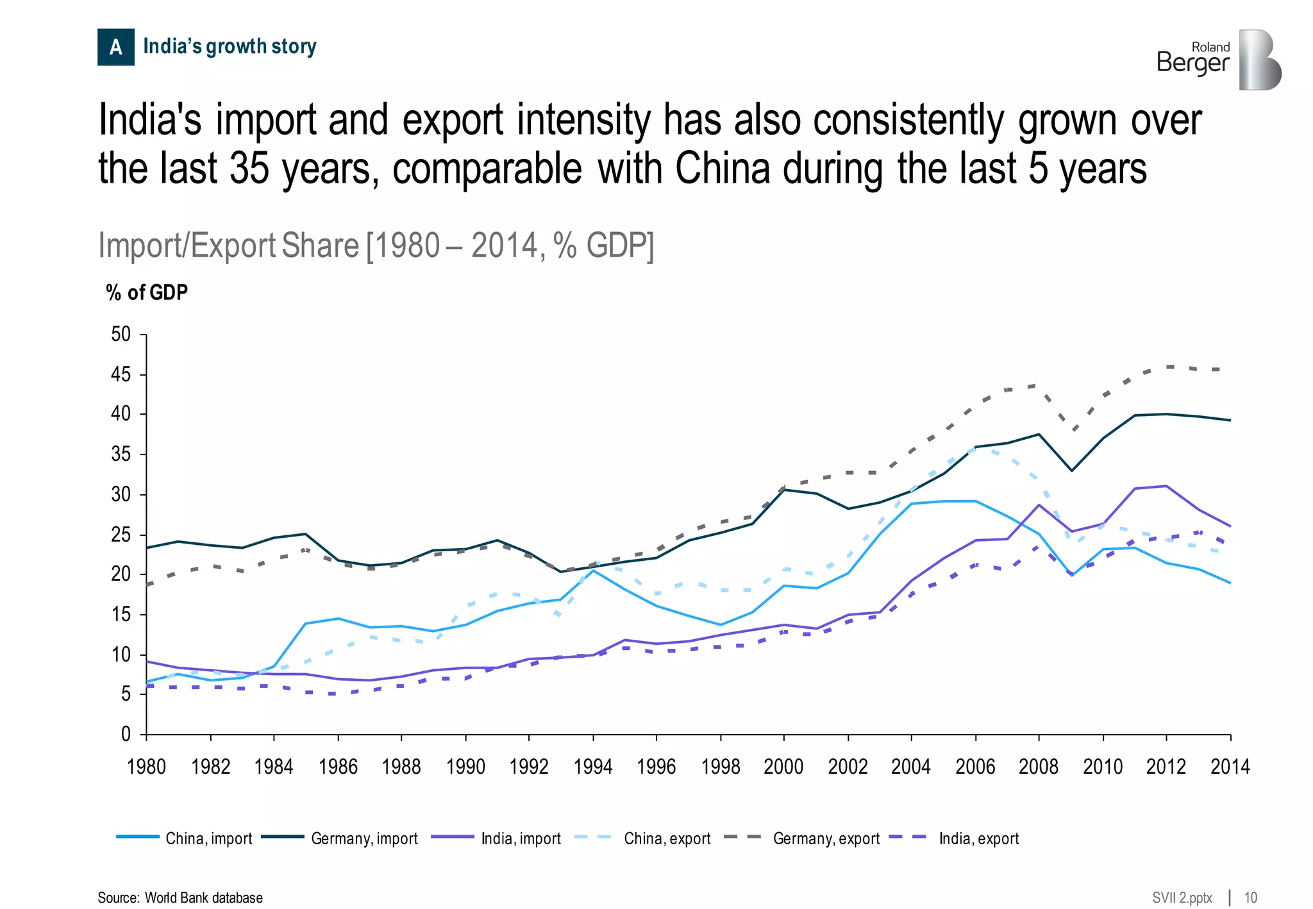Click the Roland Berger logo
click(1218, 59)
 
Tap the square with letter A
click(115, 47)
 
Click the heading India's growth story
click(230, 46)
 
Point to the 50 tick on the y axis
click(121, 334)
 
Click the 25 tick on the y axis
click(121, 535)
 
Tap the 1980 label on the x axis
click(146, 767)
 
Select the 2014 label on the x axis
click(1230, 767)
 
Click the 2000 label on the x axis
click(783, 767)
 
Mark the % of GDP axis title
click(147, 292)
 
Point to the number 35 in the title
click(249, 169)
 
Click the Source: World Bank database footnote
click(180, 897)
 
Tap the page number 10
click(1250, 897)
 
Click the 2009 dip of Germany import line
click(1071, 471)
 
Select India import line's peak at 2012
click(1166, 486)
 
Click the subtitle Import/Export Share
click(229, 246)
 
